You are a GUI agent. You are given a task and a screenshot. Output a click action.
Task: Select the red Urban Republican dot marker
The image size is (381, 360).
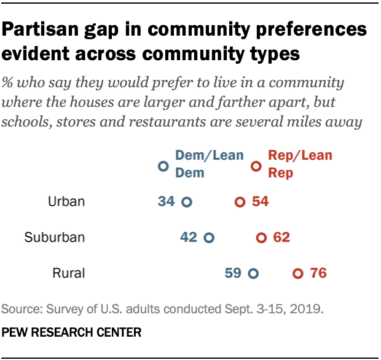240,202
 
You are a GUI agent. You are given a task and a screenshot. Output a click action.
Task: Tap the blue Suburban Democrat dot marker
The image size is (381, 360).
208,238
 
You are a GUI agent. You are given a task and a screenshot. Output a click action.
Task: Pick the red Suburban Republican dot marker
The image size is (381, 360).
261,238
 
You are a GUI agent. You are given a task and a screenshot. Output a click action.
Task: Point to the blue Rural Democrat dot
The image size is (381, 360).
252,273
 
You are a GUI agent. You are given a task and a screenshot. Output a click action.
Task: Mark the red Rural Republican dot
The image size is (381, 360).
298,273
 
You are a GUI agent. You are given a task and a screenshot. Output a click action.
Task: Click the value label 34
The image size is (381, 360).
166,202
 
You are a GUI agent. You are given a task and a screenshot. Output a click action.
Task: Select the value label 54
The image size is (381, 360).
260,202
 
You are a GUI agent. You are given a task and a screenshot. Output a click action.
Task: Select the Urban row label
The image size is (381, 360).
66,202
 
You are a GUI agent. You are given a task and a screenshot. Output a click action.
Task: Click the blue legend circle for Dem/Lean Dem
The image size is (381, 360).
163,166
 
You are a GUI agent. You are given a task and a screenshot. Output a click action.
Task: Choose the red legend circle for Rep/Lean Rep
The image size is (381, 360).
256,166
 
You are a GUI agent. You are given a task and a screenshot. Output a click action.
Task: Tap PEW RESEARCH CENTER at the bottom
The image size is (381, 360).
72,332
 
